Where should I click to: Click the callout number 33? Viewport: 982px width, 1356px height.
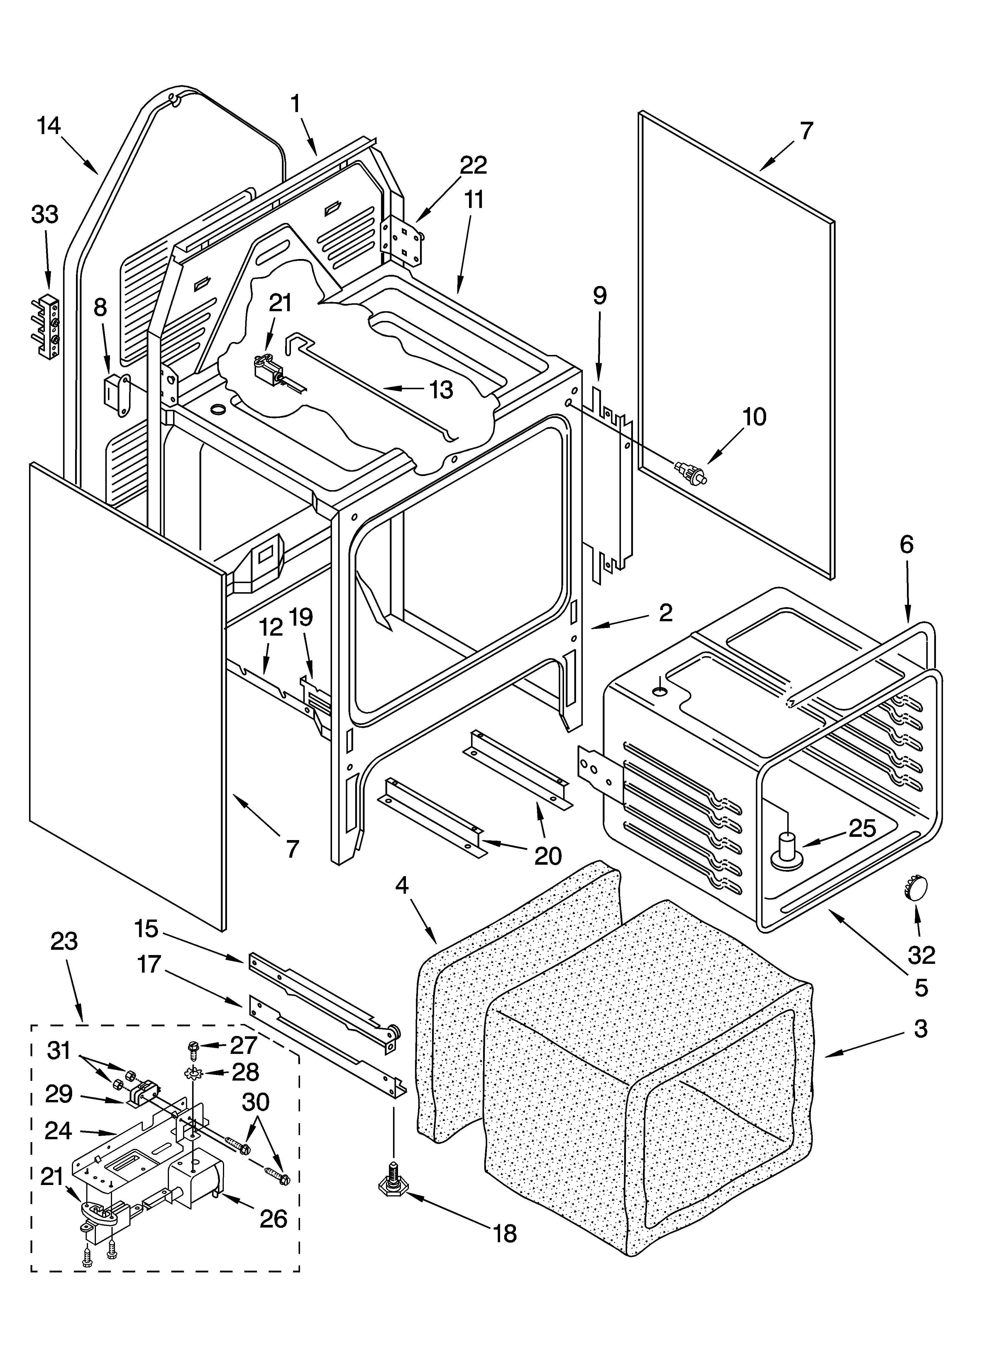pyautogui.click(x=45, y=214)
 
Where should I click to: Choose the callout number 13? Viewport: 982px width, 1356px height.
pyautogui.click(x=441, y=390)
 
